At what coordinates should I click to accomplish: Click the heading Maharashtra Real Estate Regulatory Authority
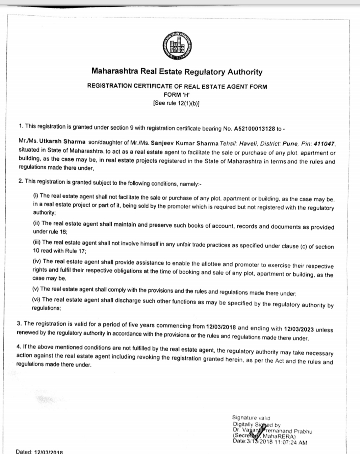(x=177, y=72)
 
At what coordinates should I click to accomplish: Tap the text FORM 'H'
(x=177, y=95)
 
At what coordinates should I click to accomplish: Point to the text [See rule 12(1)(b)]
(x=177, y=103)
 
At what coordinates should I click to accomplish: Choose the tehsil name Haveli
(x=248, y=144)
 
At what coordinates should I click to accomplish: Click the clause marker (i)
(x=35, y=195)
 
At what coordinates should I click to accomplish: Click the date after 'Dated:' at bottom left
(x=48, y=452)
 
